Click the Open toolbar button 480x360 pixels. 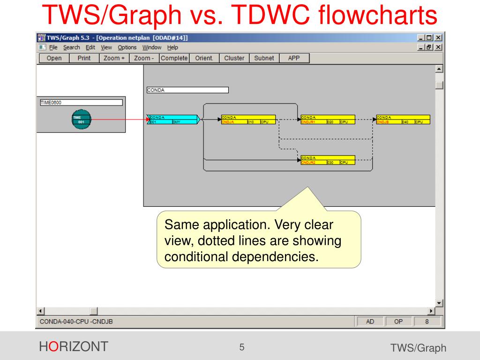click(x=54, y=58)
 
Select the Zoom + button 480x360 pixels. click(x=114, y=58)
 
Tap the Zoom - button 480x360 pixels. click(x=144, y=58)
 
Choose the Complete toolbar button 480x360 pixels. click(x=174, y=58)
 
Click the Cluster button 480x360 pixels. click(x=234, y=58)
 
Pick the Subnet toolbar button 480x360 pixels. click(x=264, y=58)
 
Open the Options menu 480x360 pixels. click(x=127, y=47)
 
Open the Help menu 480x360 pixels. click(x=172, y=47)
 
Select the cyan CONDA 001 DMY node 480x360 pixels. click(x=173, y=120)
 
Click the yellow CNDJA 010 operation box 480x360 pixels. click(x=248, y=120)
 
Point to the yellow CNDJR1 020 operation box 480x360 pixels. click(x=328, y=120)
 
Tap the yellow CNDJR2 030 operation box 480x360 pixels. click(x=328, y=160)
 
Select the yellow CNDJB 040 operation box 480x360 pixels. click(x=403, y=120)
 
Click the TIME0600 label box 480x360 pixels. click(x=81, y=102)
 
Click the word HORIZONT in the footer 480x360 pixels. click(x=74, y=347)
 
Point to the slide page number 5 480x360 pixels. click(x=242, y=347)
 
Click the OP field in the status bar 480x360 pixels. click(x=398, y=322)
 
